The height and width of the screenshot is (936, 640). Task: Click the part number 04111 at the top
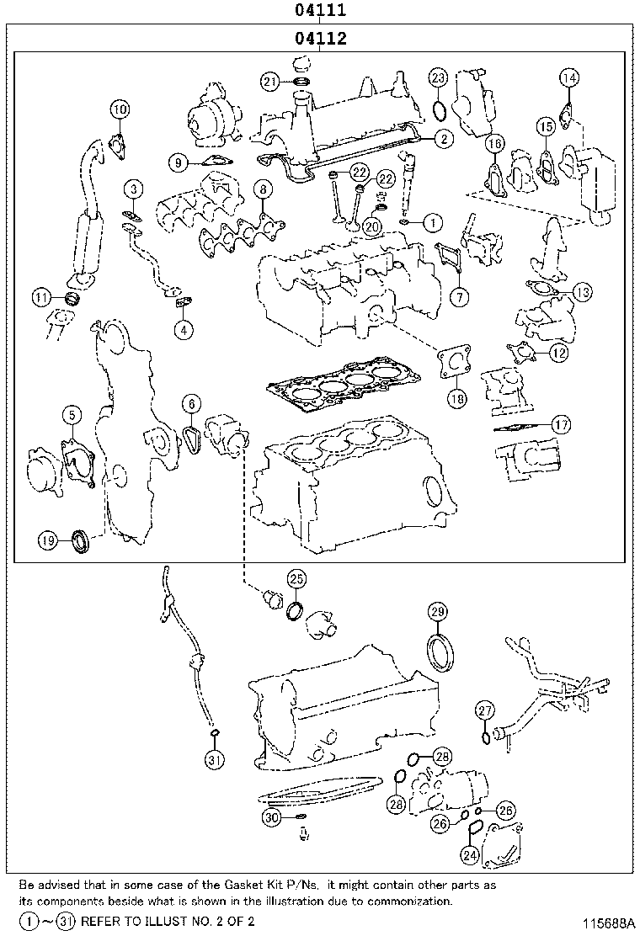point(320,11)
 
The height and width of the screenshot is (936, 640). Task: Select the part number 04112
point(320,39)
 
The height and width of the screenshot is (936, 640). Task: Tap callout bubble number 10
point(120,109)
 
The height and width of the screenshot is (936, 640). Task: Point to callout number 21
point(269,82)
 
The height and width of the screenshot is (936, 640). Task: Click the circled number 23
point(437,78)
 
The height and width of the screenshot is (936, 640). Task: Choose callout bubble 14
point(569,78)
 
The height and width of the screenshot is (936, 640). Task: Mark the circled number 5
point(72,414)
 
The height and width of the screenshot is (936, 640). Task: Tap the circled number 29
point(436,611)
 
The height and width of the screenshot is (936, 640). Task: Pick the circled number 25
point(296,578)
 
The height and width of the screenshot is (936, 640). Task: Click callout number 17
point(561,425)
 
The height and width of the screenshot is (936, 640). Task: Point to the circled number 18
point(456,399)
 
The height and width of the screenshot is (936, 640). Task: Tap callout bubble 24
point(470,855)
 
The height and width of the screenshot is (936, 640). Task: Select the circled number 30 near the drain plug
point(270,817)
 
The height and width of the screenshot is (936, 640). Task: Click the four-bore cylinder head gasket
point(337,383)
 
